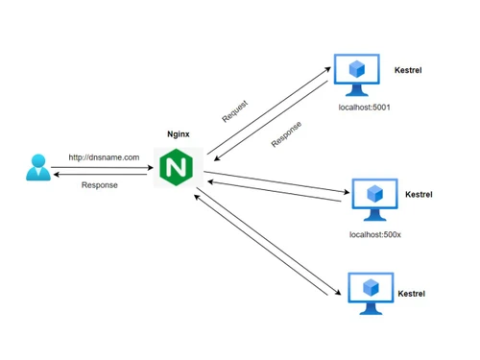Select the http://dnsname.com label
pyautogui.click(x=104, y=156)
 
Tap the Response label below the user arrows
pyautogui.click(x=100, y=185)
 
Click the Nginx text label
pyautogui.click(x=178, y=135)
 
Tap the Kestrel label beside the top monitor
pyautogui.click(x=408, y=71)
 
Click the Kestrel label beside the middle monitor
pyautogui.click(x=419, y=194)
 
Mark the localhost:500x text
pyautogui.click(x=375, y=234)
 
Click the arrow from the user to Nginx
pyautogui.click(x=104, y=167)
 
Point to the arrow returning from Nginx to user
pyautogui.click(x=104, y=175)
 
